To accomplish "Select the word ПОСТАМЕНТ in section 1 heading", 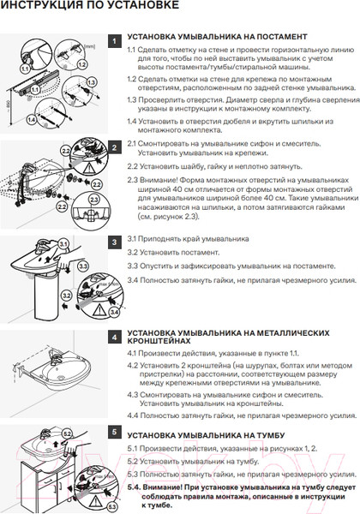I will coord(275,39).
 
